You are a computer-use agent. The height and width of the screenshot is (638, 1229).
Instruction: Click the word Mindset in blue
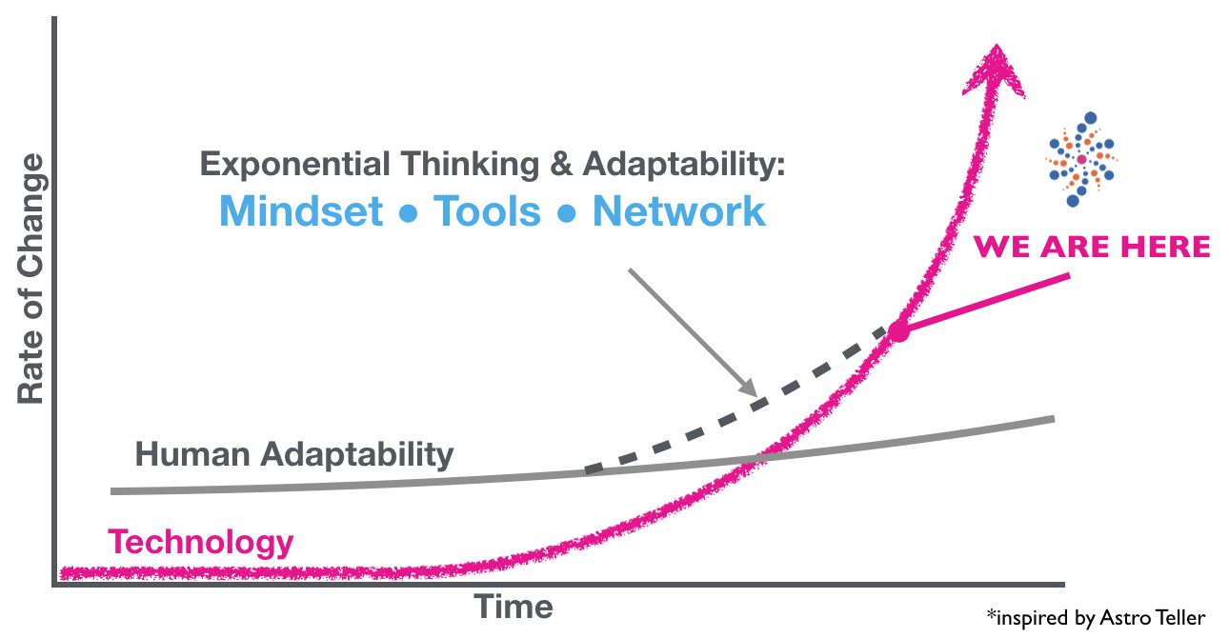click(x=301, y=211)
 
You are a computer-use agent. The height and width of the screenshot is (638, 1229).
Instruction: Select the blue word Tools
click(x=487, y=211)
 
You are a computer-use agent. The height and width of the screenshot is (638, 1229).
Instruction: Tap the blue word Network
click(x=678, y=211)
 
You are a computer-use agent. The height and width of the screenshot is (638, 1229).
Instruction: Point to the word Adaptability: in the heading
click(x=684, y=165)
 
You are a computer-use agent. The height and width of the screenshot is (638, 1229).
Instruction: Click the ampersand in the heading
click(x=561, y=164)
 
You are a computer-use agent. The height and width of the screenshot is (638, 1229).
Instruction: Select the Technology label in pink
click(x=201, y=543)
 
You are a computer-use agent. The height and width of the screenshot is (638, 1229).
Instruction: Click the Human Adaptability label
click(x=294, y=455)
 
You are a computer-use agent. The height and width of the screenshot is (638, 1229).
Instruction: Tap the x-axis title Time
click(x=514, y=607)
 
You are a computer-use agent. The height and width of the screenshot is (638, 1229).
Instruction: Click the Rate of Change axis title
click(x=30, y=279)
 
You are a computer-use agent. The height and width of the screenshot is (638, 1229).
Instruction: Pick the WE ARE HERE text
click(x=1092, y=247)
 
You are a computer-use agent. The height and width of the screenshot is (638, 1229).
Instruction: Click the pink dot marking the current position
click(x=898, y=331)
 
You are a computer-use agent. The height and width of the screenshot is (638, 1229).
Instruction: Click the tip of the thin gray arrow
click(x=756, y=395)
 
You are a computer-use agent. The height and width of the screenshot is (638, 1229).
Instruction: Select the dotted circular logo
click(x=1082, y=159)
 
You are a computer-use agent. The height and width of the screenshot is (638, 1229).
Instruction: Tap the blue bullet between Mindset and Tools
click(x=408, y=213)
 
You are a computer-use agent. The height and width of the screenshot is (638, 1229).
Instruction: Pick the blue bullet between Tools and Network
click(x=566, y=213)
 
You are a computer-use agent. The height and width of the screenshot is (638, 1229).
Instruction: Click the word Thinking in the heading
click(x=470, y=165)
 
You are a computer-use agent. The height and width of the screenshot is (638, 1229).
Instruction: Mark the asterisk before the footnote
click(x=991, y=613)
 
